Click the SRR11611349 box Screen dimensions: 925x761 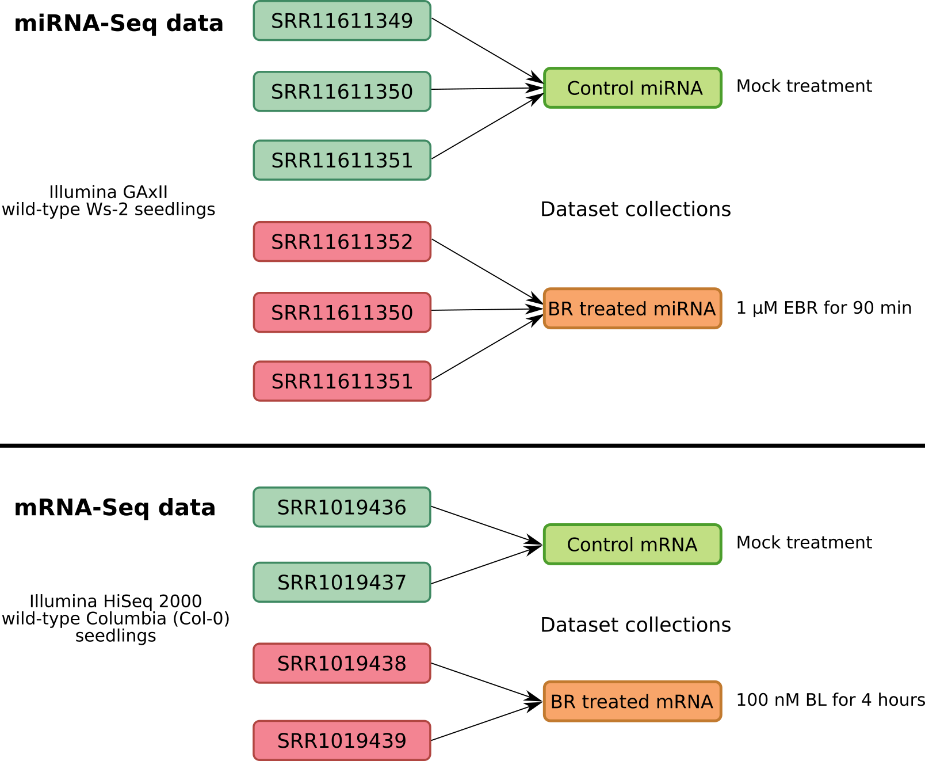[342, 21]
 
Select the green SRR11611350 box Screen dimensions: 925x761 [342, 92]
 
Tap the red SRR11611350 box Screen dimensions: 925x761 [342, 313]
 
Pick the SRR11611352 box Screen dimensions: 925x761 [342, 242]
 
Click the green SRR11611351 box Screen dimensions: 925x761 [342, 160]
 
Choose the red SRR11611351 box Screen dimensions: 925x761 [342, 381]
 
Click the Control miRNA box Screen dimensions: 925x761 [632, 87]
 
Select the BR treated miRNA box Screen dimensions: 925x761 [632, 309]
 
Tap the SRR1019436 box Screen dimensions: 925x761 [342, 507]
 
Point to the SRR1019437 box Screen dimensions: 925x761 [342, 583]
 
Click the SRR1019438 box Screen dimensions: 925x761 [342, 663]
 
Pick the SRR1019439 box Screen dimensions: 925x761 [342, 740]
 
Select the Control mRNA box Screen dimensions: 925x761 [632, 544]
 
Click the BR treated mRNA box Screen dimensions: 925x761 [632, 701]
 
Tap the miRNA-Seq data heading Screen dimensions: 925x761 [119, 23]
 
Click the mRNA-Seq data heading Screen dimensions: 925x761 [115, 508]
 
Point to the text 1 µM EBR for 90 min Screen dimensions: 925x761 [824, 308]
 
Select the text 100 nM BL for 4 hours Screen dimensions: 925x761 [830, 700]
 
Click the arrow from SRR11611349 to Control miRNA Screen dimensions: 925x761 [487, 50]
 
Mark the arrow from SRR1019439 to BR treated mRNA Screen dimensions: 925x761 [487, 721]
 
